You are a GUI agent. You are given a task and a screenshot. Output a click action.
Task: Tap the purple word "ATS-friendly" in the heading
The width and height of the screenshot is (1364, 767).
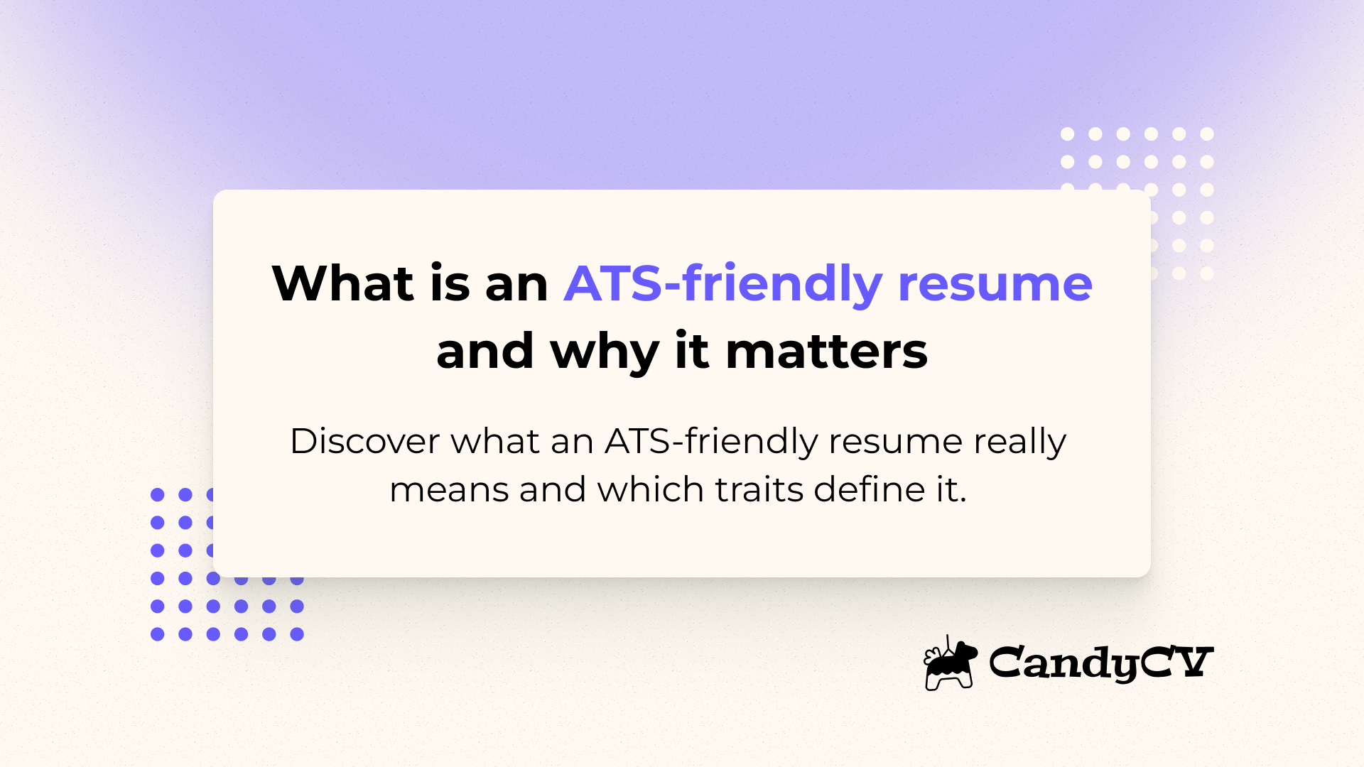[x=722, y=284]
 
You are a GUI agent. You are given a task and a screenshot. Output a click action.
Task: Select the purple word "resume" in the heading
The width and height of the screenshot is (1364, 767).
[x=995, y=284]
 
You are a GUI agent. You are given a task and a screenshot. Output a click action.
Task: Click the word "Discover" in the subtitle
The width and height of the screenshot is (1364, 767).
[x=365, y=441]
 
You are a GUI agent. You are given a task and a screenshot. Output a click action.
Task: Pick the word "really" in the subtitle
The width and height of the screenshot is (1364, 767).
[x=1019, y=442]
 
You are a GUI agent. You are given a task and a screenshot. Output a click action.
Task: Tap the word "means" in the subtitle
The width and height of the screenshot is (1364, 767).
[x=449, y=490]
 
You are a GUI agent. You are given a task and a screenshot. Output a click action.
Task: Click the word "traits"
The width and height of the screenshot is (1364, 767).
[x=759, y=489]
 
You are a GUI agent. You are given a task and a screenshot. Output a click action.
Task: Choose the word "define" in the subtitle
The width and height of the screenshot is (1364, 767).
[x=869, y=489]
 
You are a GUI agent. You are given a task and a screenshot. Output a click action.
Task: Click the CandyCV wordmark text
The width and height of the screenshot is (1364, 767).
[x=1100, y=663]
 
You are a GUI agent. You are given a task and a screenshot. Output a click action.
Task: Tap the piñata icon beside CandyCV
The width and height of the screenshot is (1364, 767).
[x=949, y=663]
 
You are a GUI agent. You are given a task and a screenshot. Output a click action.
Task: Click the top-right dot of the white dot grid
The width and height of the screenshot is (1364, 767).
[x=1207, y=134]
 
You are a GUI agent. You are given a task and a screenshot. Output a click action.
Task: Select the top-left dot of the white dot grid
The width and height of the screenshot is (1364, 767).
[x=1067, y=134]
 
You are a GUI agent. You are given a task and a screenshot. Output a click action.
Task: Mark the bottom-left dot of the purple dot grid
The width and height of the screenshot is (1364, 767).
[x=158, y=634]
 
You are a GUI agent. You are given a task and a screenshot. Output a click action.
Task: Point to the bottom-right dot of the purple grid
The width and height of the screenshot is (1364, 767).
[x=297, y=634]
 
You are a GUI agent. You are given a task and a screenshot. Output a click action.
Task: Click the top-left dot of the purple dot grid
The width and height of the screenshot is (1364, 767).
[x=158, y=494]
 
